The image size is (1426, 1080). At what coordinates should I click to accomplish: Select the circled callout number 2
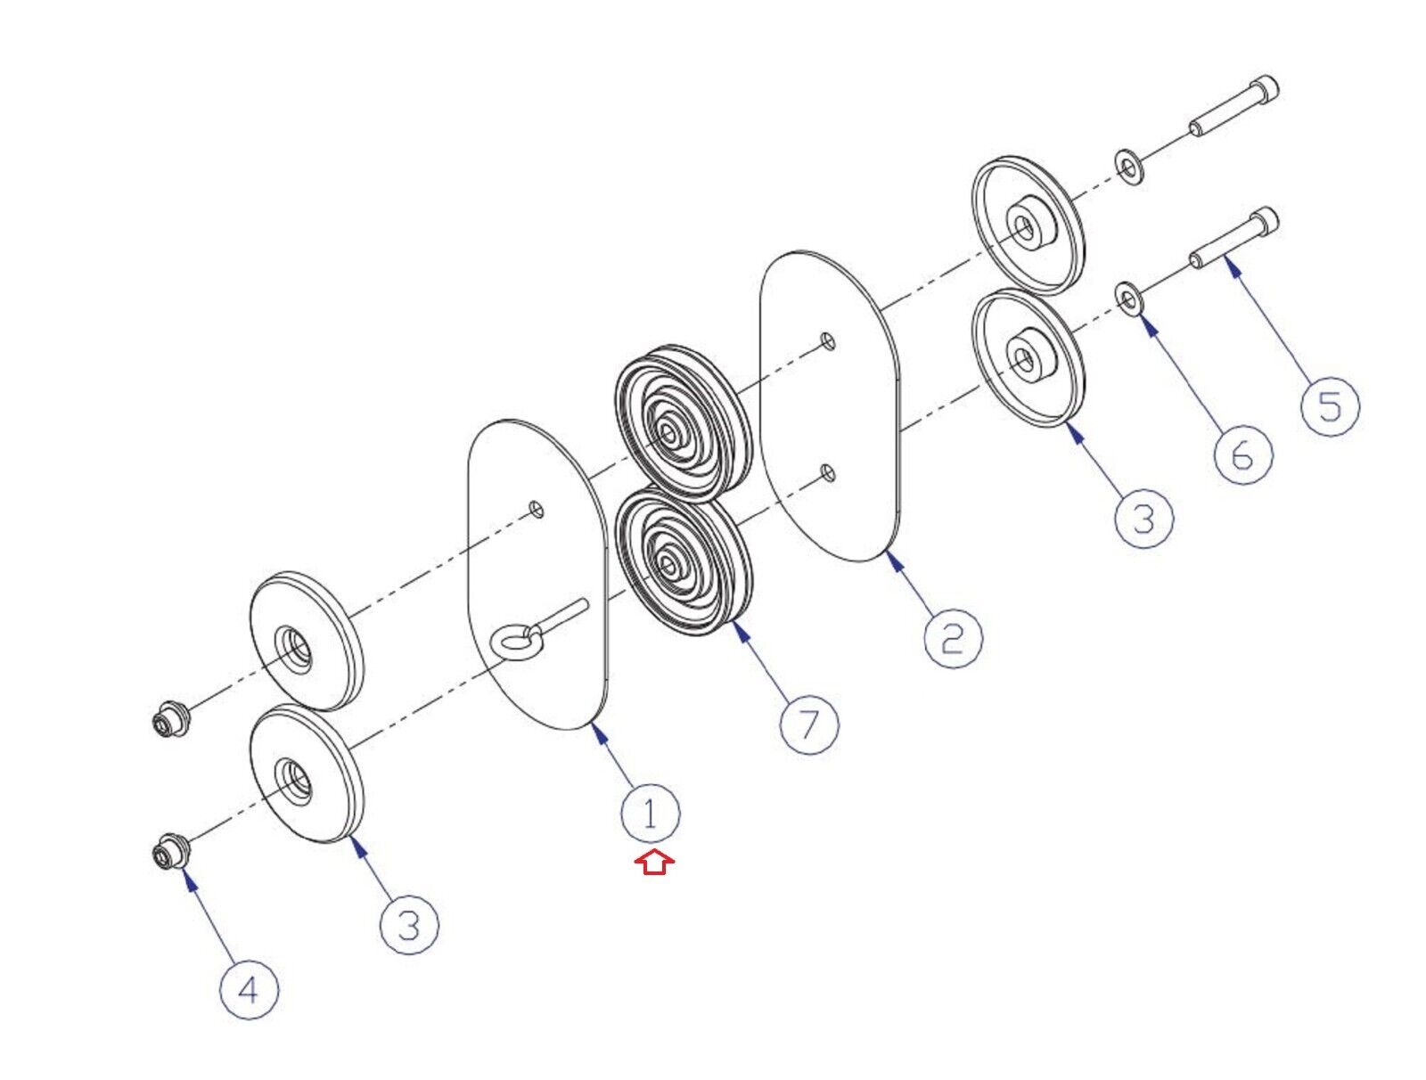[953, 638]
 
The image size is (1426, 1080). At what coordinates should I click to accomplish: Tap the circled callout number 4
[249, 990]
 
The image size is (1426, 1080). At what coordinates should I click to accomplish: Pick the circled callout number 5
[1330, 406]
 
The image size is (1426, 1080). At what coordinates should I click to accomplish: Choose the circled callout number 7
[809, 724]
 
